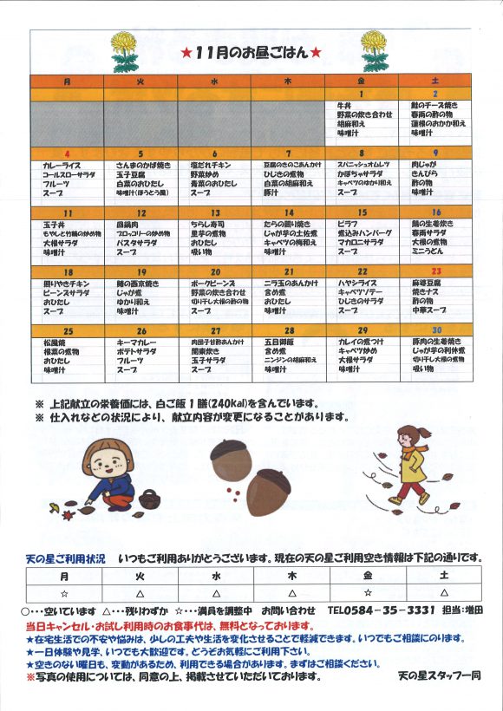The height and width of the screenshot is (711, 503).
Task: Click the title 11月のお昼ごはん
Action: pyautogui.click(x=251, y=53)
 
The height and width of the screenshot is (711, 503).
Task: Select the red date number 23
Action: pyautogui.click(x=437, y=271)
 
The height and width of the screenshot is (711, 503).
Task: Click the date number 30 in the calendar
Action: pyautogui.click(x=437, y=330)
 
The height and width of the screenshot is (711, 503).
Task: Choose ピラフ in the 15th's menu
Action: pyautogui.click(x=347, y=224)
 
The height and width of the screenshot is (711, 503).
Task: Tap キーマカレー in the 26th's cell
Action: pyautogui.click(x=134, y=342)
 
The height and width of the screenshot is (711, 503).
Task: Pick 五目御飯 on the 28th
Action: pyautogui.click(x=280, y=342)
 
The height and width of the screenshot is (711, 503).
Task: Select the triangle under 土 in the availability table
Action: pyautogui.click(x=443, y=592)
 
